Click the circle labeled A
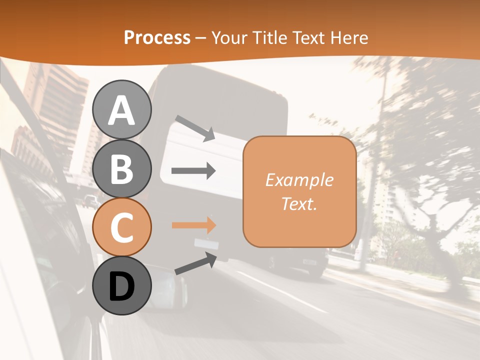[121, 109]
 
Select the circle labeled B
[121, 168]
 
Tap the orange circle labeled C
[121, 227]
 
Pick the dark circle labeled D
[121, 285]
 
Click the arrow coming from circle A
[195, 128]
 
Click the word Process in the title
[157, 37]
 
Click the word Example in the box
[299, 180]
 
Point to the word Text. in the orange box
[299, 203]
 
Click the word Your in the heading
[228, 37]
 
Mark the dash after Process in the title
[201, 38]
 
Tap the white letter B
[121, 168]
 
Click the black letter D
[121, 286]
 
